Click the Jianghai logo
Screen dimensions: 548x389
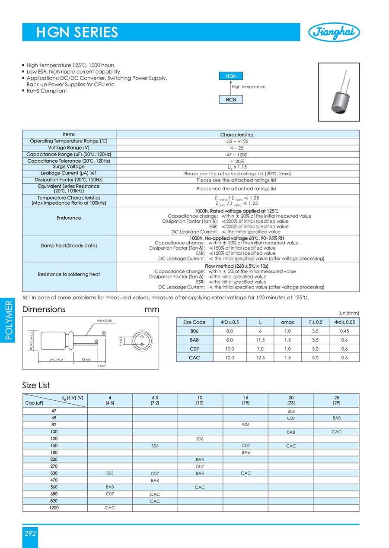tap(334, 32)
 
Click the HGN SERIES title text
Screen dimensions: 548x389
tap(77, 32)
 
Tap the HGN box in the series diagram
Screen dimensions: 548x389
tap(231, 76)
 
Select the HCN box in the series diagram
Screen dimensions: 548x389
tap(231, 99)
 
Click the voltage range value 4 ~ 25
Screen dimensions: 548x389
tap(237, 148)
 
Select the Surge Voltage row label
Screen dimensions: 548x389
tap(69, 167)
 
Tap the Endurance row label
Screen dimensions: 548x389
tap(69, 218)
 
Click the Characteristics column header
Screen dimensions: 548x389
tap(237, 135)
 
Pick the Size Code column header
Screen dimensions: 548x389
tap(194, 322)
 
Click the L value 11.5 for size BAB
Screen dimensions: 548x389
tap(260, 340)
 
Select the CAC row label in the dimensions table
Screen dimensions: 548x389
tap(194, 358)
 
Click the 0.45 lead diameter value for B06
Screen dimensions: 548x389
tap(344, 331)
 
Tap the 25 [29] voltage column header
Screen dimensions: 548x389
tap(336, 400)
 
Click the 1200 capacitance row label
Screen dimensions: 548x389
tap(54, 508)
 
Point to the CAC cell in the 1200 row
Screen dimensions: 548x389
tap(110, 508)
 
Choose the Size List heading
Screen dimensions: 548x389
tap(36, 385)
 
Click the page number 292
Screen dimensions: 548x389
tap(30, 533)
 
